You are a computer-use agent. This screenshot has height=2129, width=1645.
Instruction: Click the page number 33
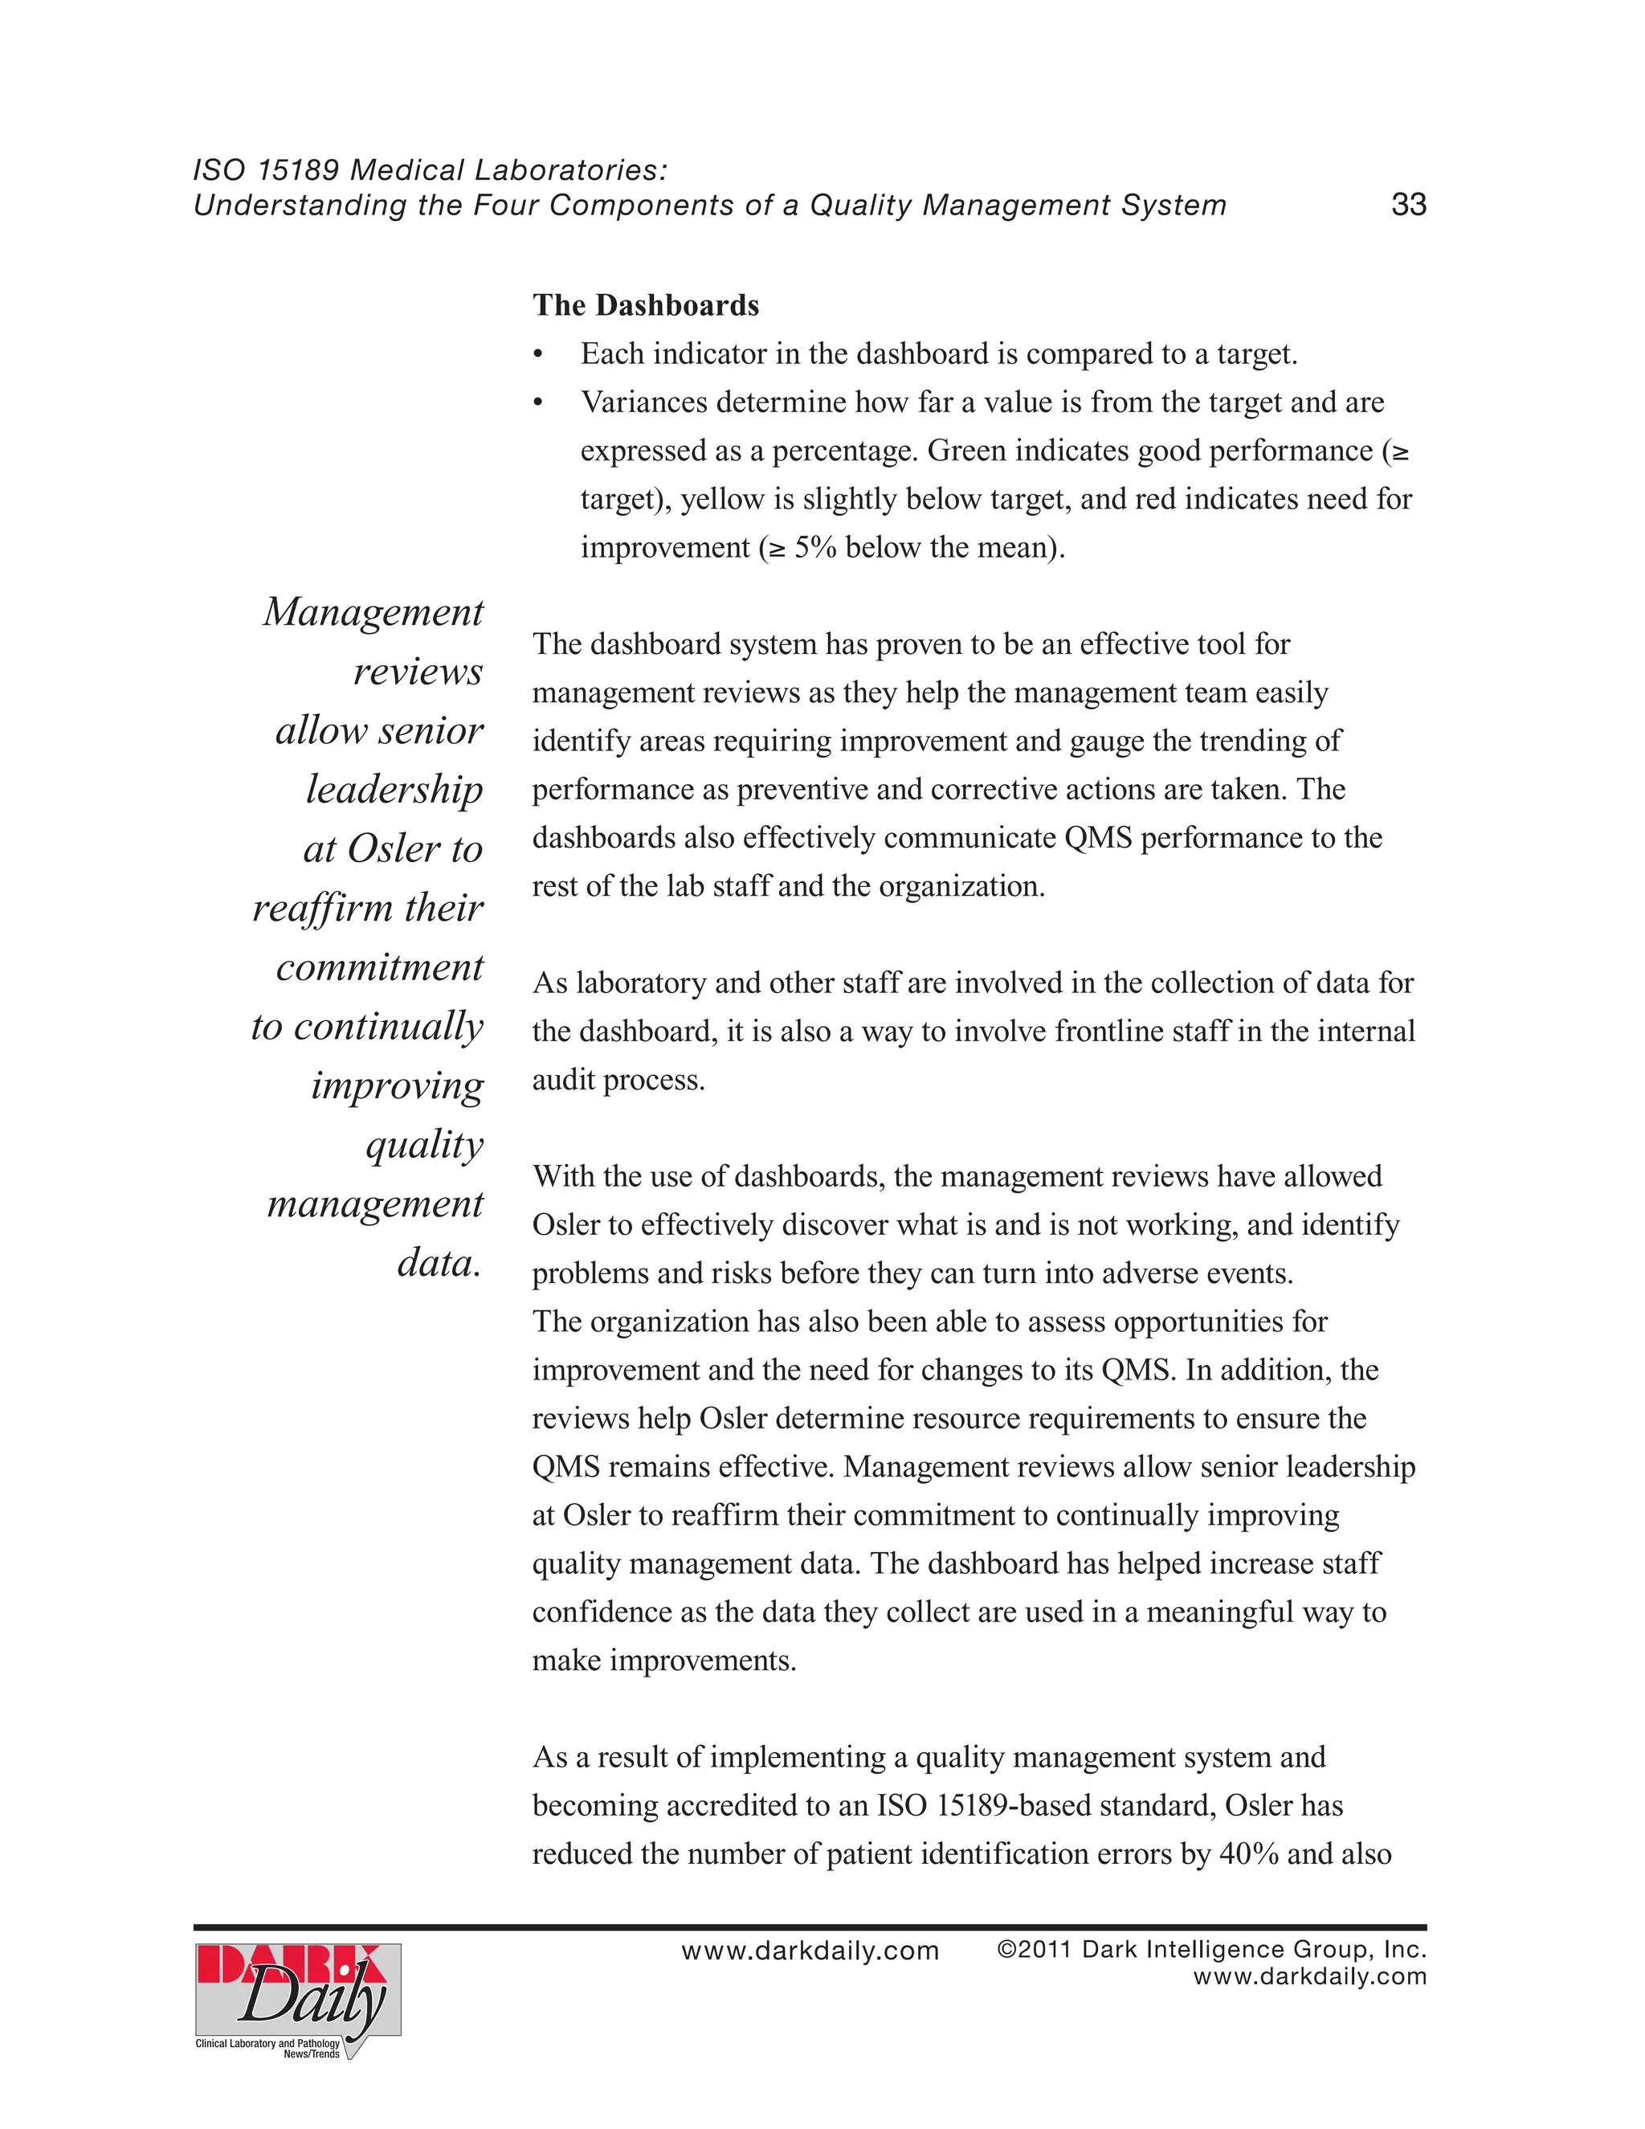point(1408,205)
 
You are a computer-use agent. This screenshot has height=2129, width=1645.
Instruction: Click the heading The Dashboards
point(645,305)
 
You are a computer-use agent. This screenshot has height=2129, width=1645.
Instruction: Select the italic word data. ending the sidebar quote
point(439,1264)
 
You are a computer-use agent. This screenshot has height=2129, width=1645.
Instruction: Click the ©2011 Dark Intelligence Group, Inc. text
point(1211,1950)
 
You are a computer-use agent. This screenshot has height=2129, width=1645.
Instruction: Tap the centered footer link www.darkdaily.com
point(810,1951)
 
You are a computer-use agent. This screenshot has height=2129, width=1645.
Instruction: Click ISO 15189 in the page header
point(266,170)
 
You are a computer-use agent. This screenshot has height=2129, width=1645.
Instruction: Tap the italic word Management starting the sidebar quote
point(373,612)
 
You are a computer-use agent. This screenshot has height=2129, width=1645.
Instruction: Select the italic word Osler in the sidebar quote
point(394,849)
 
